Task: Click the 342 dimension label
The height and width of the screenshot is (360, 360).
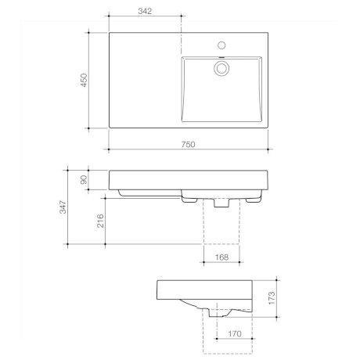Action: (144, 13)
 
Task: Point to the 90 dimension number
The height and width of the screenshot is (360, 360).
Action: (85, 178)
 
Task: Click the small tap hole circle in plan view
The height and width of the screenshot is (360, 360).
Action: (223, 44)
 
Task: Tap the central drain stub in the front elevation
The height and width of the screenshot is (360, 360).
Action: (219, 202)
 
